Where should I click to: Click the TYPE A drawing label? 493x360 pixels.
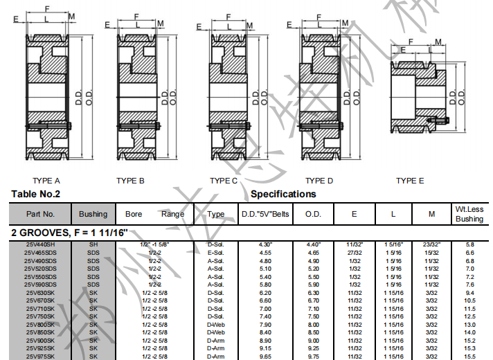46,181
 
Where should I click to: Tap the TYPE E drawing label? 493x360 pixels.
410,181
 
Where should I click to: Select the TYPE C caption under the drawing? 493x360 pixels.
224,181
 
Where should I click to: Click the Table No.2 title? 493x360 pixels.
36,195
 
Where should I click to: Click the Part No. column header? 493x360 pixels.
40,214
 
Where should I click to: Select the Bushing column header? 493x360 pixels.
93,214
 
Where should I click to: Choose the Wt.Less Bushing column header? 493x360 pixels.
469,214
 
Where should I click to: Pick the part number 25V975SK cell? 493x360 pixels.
40,356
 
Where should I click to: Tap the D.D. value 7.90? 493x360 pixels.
265,324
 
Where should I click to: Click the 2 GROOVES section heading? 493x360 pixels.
69,233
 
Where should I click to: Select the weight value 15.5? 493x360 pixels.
469,356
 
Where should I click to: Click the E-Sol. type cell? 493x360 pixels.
216,253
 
